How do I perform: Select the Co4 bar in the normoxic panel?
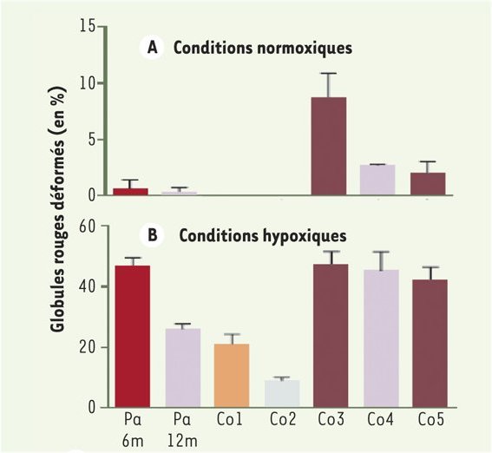(x=377, y=180)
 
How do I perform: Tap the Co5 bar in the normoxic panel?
(x=428, y=184)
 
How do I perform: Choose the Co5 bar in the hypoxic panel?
(x=428, y=343)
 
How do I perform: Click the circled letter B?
(x=152, y=235)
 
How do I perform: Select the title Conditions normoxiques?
(x=262, y=49)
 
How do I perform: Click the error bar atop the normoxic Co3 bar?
(x=329, y=84)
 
